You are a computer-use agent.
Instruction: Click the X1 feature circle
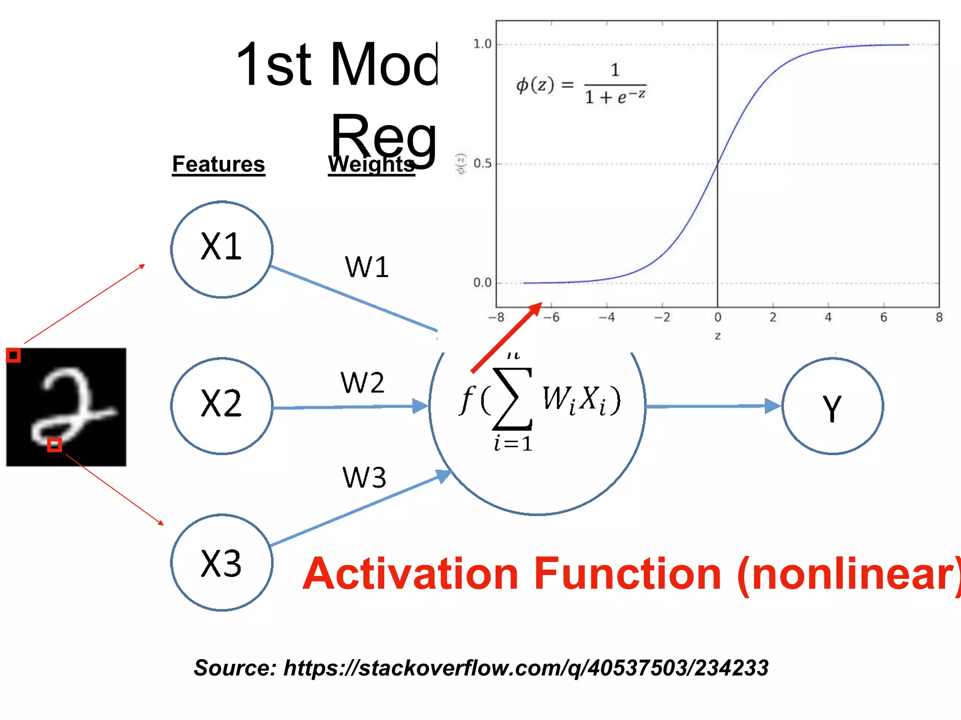(221, 249)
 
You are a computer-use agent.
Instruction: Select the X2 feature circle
(221, 406)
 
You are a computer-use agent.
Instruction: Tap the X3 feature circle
(221, 562)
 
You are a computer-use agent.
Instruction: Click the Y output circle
(832, 406)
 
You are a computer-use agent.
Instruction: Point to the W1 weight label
(366, 267)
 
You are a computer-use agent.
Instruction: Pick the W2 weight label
(362, 382)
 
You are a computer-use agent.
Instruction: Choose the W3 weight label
(364, 478)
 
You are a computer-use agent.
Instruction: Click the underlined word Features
(218, 165)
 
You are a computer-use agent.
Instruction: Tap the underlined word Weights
(371, 165)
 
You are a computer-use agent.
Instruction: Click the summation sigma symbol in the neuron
(512, 399)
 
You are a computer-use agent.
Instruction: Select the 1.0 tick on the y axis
(482, 45)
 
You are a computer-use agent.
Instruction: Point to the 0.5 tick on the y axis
(482, 164)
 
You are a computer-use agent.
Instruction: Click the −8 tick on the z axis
(496, 318)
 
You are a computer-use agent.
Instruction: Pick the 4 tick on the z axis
(828, 318)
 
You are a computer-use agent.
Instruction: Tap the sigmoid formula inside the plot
(581, 84)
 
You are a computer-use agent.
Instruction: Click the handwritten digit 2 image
(66, 407)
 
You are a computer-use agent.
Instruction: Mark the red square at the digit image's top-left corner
(13, 355)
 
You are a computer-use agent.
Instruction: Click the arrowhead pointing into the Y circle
(772, 406)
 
